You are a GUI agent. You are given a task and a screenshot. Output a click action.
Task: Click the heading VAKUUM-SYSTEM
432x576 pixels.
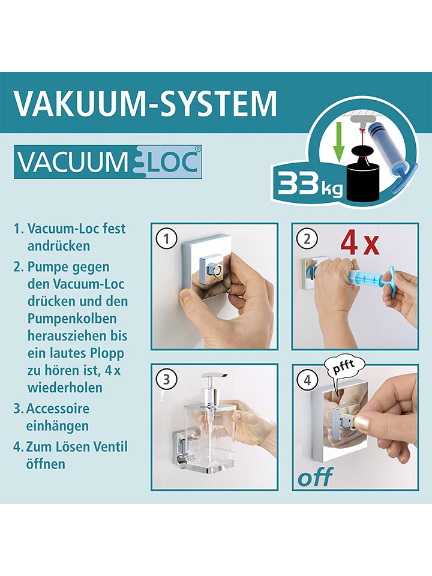click(x=145, y=104)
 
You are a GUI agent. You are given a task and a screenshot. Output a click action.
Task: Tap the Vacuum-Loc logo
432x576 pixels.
click(x=108, y=162)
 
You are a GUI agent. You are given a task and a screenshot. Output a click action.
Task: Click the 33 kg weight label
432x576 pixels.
click(x=310, y=183)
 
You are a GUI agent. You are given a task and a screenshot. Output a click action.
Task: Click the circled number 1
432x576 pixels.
click(x=166, y=239)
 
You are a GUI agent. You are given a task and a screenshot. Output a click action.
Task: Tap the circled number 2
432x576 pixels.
click(x=307, y=239)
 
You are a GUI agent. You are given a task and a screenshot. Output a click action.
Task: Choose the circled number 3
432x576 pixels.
click(x=166, y=379)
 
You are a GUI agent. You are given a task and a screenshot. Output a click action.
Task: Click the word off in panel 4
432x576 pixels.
click(x=315, y=477)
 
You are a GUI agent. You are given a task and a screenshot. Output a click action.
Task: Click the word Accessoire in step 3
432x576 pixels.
click(x=58, y=409)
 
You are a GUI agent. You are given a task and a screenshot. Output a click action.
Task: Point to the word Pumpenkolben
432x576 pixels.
click(x=72, y=319)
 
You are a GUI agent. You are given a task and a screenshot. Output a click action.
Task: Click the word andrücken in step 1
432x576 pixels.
click(x=59, y=246)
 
